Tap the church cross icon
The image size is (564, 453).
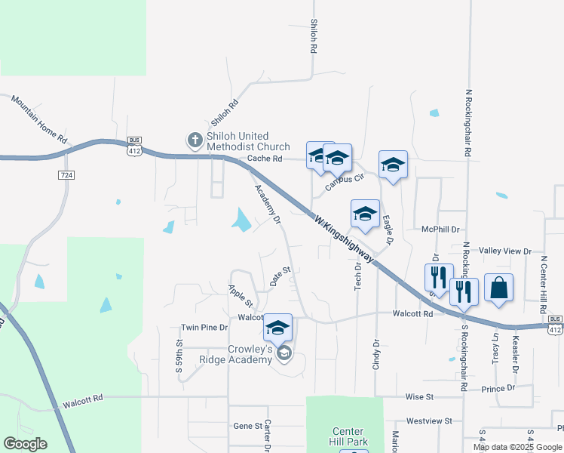(195, 140)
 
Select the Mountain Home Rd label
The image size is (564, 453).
(38, 119)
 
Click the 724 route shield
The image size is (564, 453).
(66, 175)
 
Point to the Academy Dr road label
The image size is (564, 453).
(268, 205)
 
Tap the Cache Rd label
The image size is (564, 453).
(264, 159)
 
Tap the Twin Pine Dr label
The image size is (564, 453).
(204, 328)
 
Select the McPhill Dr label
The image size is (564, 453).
(441, 229)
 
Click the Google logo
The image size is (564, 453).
(25, 444)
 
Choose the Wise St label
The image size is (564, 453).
(419, 396)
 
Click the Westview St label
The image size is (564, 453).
(428, 421)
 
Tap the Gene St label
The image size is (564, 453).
(247, 426)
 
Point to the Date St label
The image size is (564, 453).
(280, 276)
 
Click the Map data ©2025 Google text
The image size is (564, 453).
(517, 447)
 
